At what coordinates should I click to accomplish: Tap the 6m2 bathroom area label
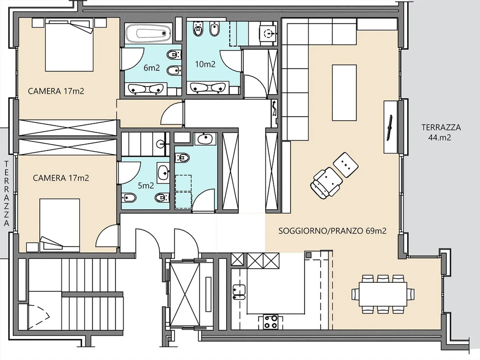pos(152,68)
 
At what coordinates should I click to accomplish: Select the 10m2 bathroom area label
pos(205,64)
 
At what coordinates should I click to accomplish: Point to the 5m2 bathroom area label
pos(146,186)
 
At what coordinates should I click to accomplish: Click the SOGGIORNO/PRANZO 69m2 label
pos(332,231)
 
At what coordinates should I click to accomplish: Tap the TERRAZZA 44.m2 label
pos(441,133)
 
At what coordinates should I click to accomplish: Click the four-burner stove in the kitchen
pos(271,322)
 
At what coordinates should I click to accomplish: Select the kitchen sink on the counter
pos(239,292)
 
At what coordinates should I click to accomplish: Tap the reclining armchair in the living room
pos(326,183)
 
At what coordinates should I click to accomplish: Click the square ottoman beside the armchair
pos(346,165)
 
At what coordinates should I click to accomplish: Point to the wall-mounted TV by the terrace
pos(389,128)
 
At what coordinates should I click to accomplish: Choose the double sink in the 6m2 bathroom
pos(146,89)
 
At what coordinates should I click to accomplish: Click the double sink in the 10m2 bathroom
pos(208,88)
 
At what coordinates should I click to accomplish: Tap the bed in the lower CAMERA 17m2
pos(59,225)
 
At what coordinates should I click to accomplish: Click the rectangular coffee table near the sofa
pos(344,93)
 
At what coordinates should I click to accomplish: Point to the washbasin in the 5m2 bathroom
pos(163,173)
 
